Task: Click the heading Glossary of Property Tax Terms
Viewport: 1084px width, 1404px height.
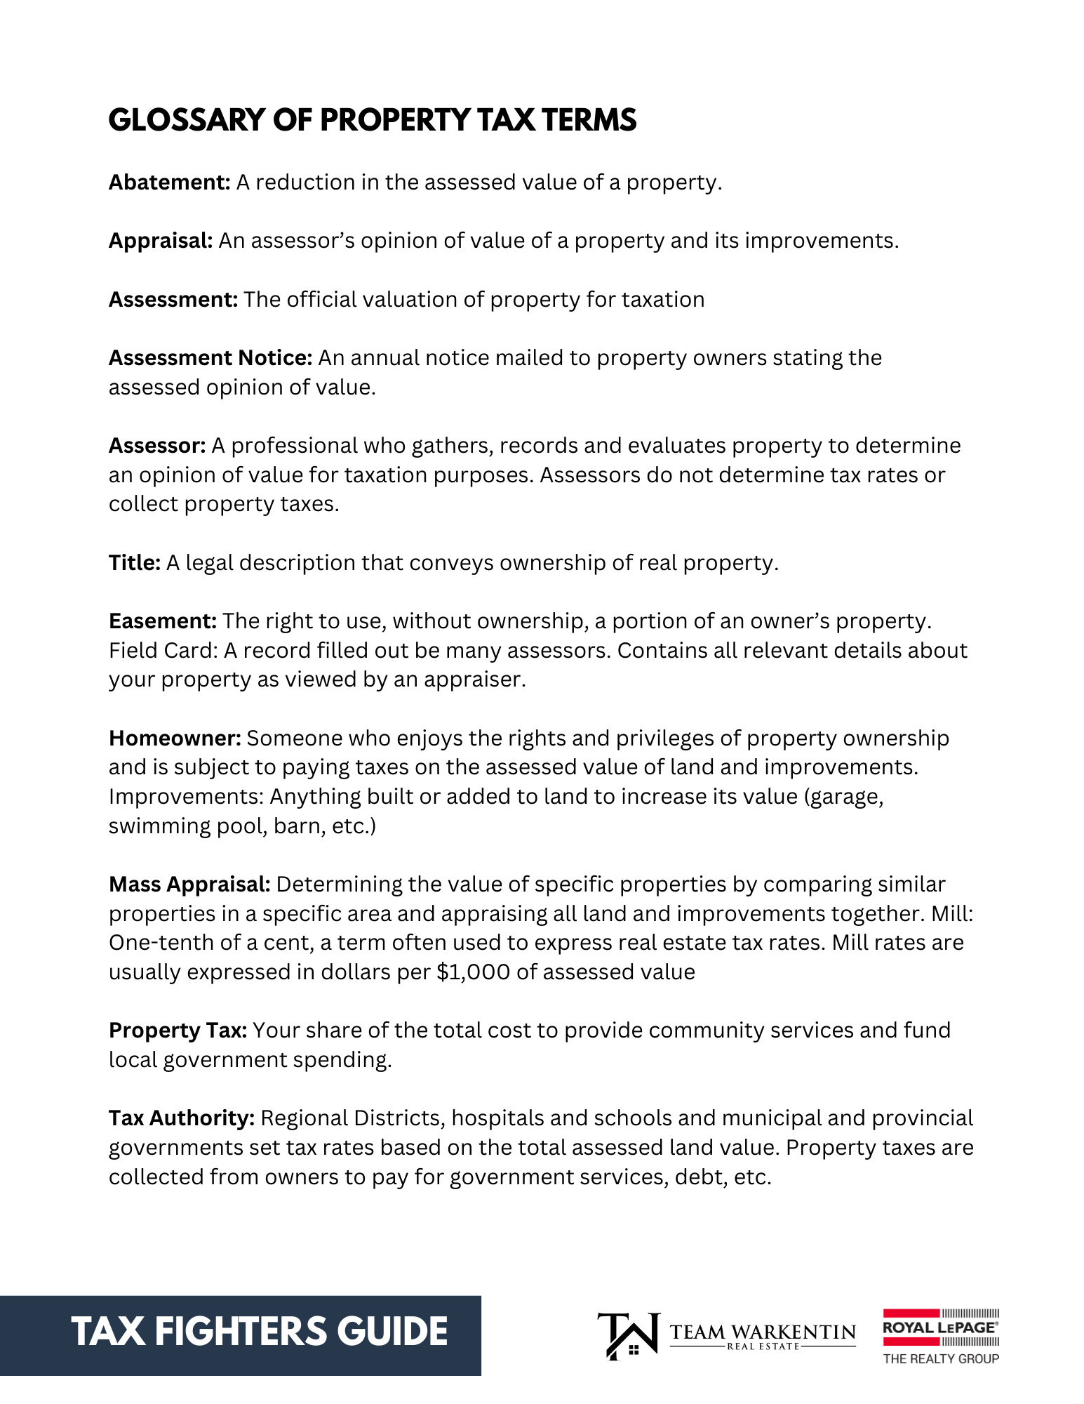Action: coord(372,120)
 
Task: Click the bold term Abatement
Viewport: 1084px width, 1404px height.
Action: coord(169,183)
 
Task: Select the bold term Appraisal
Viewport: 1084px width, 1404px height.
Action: coord(161,241)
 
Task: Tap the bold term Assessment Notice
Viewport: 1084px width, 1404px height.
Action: coord(210,358)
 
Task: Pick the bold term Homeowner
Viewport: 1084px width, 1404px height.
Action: coord(175,739)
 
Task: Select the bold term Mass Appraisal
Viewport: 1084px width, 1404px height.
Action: coord(189,885)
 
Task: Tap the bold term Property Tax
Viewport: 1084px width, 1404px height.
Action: coord(178,1031)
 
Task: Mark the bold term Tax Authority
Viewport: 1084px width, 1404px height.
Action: coord(182,1118)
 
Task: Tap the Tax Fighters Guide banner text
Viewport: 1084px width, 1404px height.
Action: coord(259,1332)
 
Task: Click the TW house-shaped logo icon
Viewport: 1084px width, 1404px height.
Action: coord(629,1335)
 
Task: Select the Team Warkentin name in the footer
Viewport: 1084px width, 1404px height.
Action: coord(763,1332)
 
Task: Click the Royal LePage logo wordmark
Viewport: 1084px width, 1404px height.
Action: coord(939,1327)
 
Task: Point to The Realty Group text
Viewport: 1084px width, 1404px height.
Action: coord(940,1359)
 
